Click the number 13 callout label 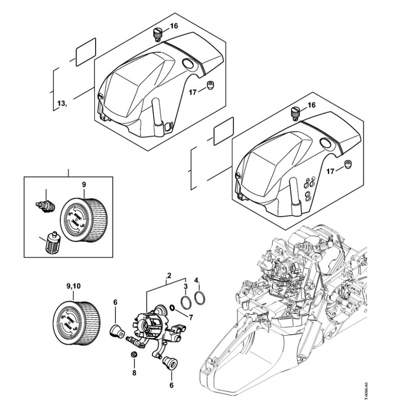[61, 105]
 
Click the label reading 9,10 [73, 286]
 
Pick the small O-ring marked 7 [173, 309]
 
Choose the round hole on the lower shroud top [326, 143]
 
